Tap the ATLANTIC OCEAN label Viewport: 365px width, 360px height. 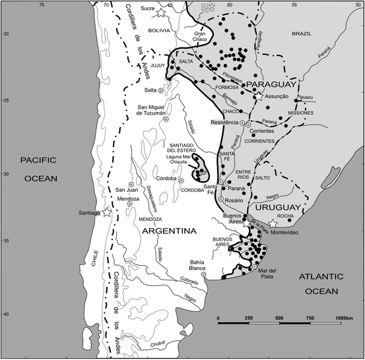317,285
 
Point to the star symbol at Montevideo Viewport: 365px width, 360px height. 270,224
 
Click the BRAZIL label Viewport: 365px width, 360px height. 304,32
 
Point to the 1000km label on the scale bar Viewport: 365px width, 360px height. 345,318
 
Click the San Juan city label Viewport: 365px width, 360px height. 127,191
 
